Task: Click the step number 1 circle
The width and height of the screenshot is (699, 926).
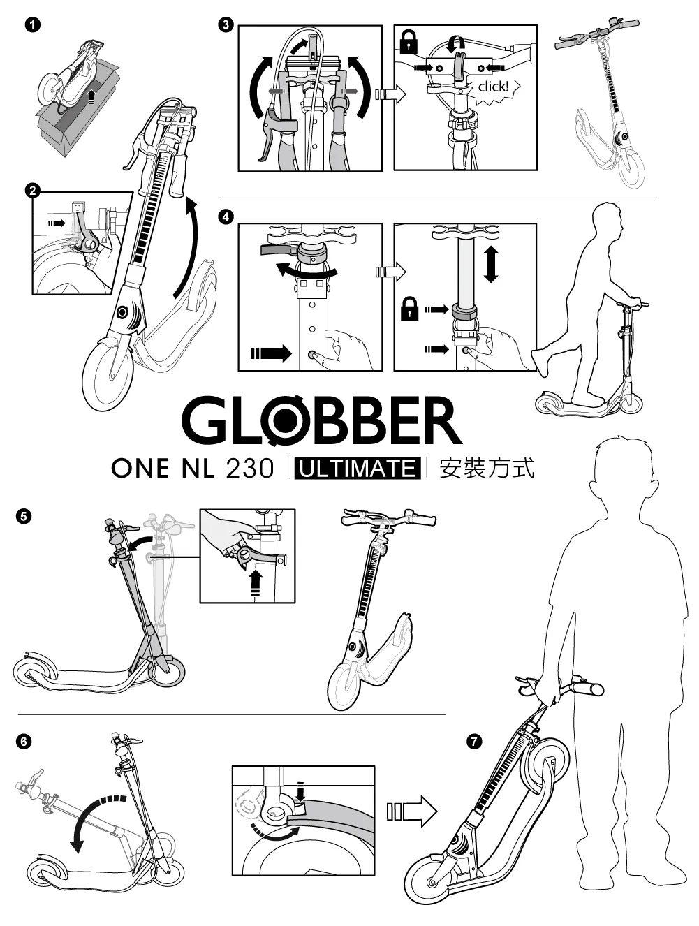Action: (x=33, y=25)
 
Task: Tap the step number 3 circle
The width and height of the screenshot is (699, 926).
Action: (x=226, y=25)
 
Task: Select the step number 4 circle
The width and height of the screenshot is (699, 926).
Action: (x=226, y=217)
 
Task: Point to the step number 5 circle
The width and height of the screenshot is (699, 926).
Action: (x=24, y=516)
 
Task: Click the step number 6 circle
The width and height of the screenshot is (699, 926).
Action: (x=24, y=741)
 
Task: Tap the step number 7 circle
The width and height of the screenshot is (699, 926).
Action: (x=475, y=741)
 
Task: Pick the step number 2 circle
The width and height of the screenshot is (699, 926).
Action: (x=33, y=191)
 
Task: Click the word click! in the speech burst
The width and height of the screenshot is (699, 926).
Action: (x=493, y=87)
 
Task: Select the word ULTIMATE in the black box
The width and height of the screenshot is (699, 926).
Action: (x=358, y=469)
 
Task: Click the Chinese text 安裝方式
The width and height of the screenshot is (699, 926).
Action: (x=487, y=469)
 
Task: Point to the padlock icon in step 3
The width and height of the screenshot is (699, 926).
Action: (x=409, y=41)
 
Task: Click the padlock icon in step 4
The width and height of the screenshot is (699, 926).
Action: (x=409, y=309)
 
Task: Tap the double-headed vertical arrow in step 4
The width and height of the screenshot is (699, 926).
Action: (x=491, y=265)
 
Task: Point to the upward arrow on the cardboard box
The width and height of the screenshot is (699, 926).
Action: (x=90, y=98)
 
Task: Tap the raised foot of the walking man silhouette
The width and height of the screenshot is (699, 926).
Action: (x=540, y=362)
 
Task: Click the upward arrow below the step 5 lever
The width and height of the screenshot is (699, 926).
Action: (x=255, y=582)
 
